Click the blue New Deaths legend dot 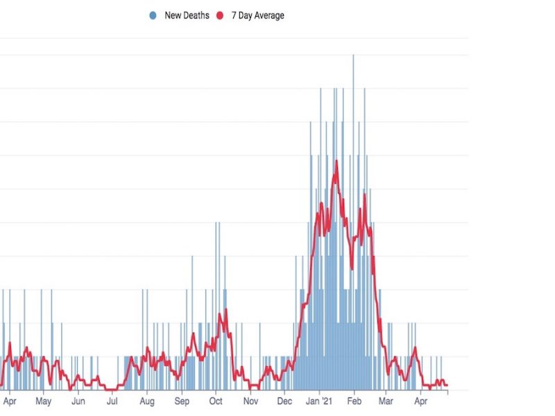pos(152,15)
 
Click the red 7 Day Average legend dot pos(220,15)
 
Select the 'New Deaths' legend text pos(187,15)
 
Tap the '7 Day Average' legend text pos(257,15)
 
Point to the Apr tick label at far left pos(10,401)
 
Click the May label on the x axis pos(44,401)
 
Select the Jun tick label pos(78,401)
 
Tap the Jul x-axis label pos(112,401)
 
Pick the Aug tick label pos(146,401)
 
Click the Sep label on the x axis pos(181,401)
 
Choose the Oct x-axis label pos(215,401)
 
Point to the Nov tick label pos(250,401)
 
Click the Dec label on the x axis pos(284,401)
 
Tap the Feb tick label pos(355,401)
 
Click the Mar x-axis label pos(386,401)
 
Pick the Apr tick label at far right pos(420,401)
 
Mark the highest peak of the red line pos(336,161)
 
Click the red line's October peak pos(221,313)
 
